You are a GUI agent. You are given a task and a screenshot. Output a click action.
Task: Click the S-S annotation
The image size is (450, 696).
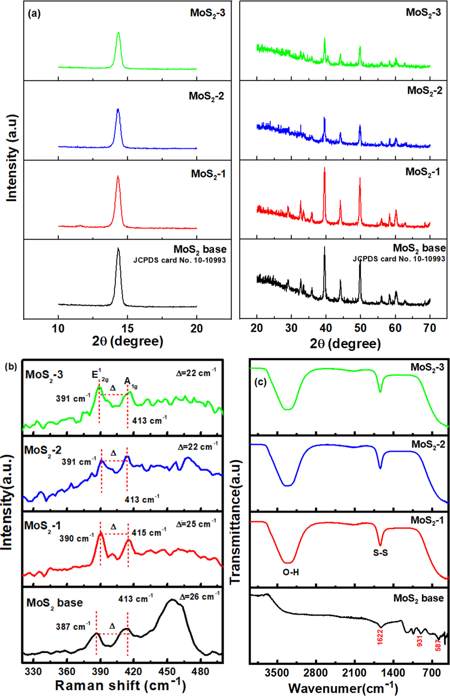tap(380, 552)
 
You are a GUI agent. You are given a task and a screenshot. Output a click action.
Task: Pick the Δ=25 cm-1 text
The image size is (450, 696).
tap(196, 524)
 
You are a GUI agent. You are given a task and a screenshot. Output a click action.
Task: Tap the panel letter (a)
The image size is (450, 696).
tap(34, 14)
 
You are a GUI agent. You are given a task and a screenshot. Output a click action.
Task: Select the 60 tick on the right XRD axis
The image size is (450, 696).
tap(395, 328)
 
